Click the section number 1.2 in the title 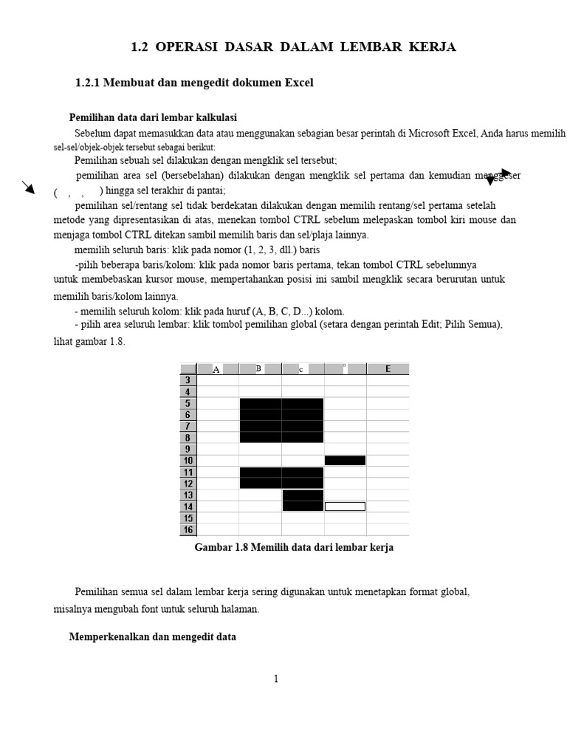[140, 47]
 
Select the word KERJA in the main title [431, 47]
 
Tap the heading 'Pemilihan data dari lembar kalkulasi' [153, 117]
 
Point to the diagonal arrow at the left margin [28, 187]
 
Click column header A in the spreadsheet [217, 369]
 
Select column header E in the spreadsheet [388, 369]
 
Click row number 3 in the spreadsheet [188, 380]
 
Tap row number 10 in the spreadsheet [188, 461]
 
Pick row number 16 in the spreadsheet [188, 529]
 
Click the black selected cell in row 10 [345, 461]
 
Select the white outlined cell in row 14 [345, 506]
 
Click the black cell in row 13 [303, 495]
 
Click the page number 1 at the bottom [276, 679]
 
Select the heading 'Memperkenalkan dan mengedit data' [153, 636]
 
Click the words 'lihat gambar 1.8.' [89, 342]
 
